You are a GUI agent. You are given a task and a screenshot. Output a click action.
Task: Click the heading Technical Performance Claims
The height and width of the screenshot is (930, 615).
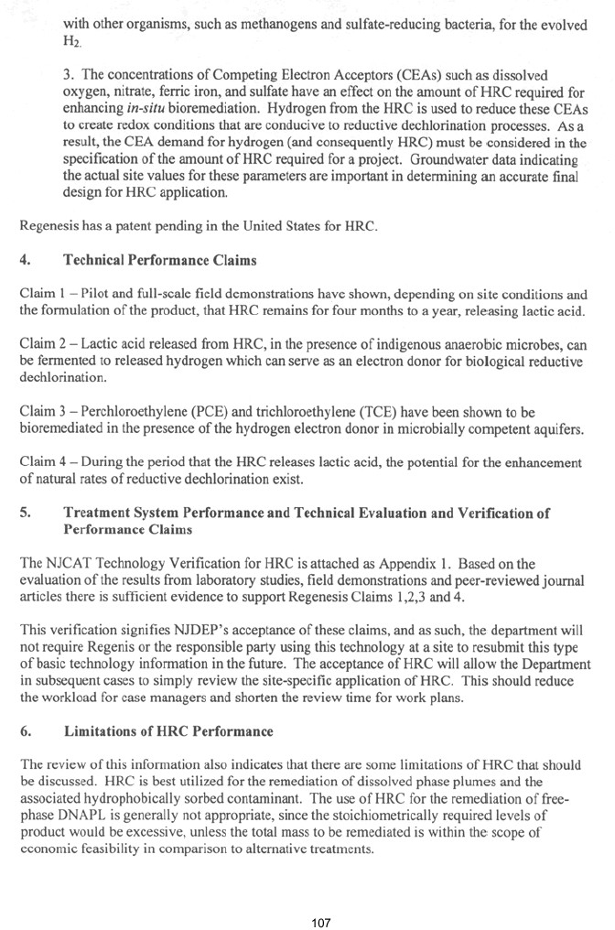160,260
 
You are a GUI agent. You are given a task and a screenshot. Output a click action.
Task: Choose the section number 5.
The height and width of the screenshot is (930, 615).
25,514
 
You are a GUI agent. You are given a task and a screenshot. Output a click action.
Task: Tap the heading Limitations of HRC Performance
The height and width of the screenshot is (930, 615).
168,731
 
